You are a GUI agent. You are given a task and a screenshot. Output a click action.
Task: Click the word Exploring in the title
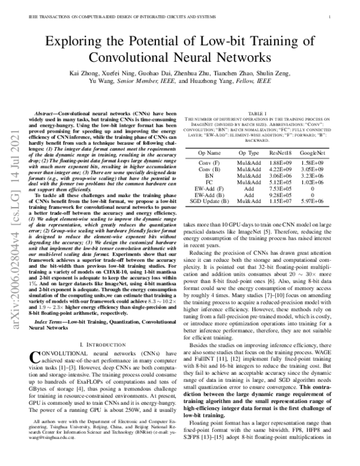(x=80, y=41)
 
